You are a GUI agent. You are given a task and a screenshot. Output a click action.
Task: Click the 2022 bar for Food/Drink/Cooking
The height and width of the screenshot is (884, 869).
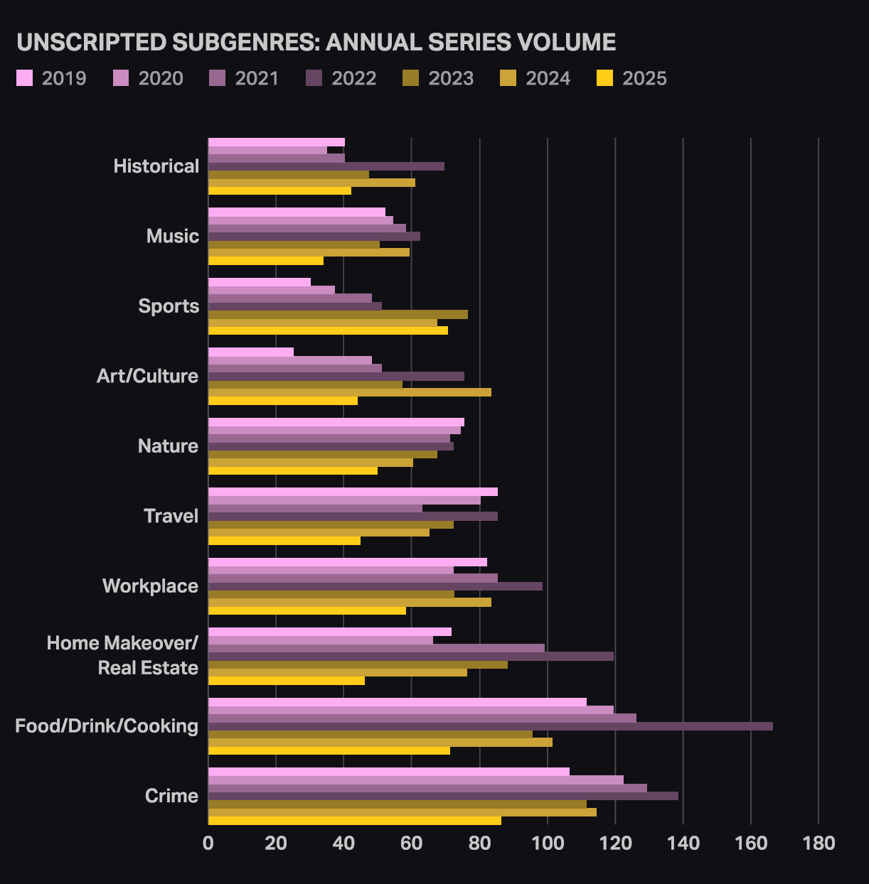tap(490, 726)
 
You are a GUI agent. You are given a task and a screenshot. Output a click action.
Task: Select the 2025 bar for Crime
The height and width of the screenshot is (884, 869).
tap(354, 821)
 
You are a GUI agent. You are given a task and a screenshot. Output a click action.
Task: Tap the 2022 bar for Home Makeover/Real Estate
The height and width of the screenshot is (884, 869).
tap(410, 657)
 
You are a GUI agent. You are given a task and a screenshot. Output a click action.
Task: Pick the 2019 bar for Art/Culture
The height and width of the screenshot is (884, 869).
tap(250, 352)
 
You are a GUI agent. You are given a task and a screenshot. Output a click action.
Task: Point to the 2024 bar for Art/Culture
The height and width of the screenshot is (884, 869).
tap(349, 392)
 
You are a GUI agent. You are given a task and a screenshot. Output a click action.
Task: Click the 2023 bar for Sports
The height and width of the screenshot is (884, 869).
tap(338, 314)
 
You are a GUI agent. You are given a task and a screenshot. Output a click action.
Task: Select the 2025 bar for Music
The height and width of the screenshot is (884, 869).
tap(265, 261)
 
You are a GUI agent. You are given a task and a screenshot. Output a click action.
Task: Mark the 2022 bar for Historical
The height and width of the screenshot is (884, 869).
tap(326, 166)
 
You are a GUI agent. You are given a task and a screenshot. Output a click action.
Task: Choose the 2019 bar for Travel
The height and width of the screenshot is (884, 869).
tap(353, 492)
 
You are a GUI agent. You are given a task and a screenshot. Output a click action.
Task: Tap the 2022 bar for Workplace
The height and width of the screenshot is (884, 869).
tap(375, 586)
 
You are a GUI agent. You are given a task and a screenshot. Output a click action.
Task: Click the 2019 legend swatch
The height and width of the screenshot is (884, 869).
tap(25, 78)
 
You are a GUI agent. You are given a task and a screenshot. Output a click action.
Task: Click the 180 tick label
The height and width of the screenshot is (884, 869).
tap(819, 843)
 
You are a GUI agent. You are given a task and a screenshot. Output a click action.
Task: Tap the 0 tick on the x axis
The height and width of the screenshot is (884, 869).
tap(208, 843)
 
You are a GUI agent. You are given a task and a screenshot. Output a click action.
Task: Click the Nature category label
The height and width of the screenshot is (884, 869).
tap(169, 446)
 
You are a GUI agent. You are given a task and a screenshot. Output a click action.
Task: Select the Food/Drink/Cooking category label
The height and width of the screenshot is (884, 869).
tap(107, 726)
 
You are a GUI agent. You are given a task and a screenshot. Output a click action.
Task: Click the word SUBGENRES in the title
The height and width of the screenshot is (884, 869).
tap(245, 43)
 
